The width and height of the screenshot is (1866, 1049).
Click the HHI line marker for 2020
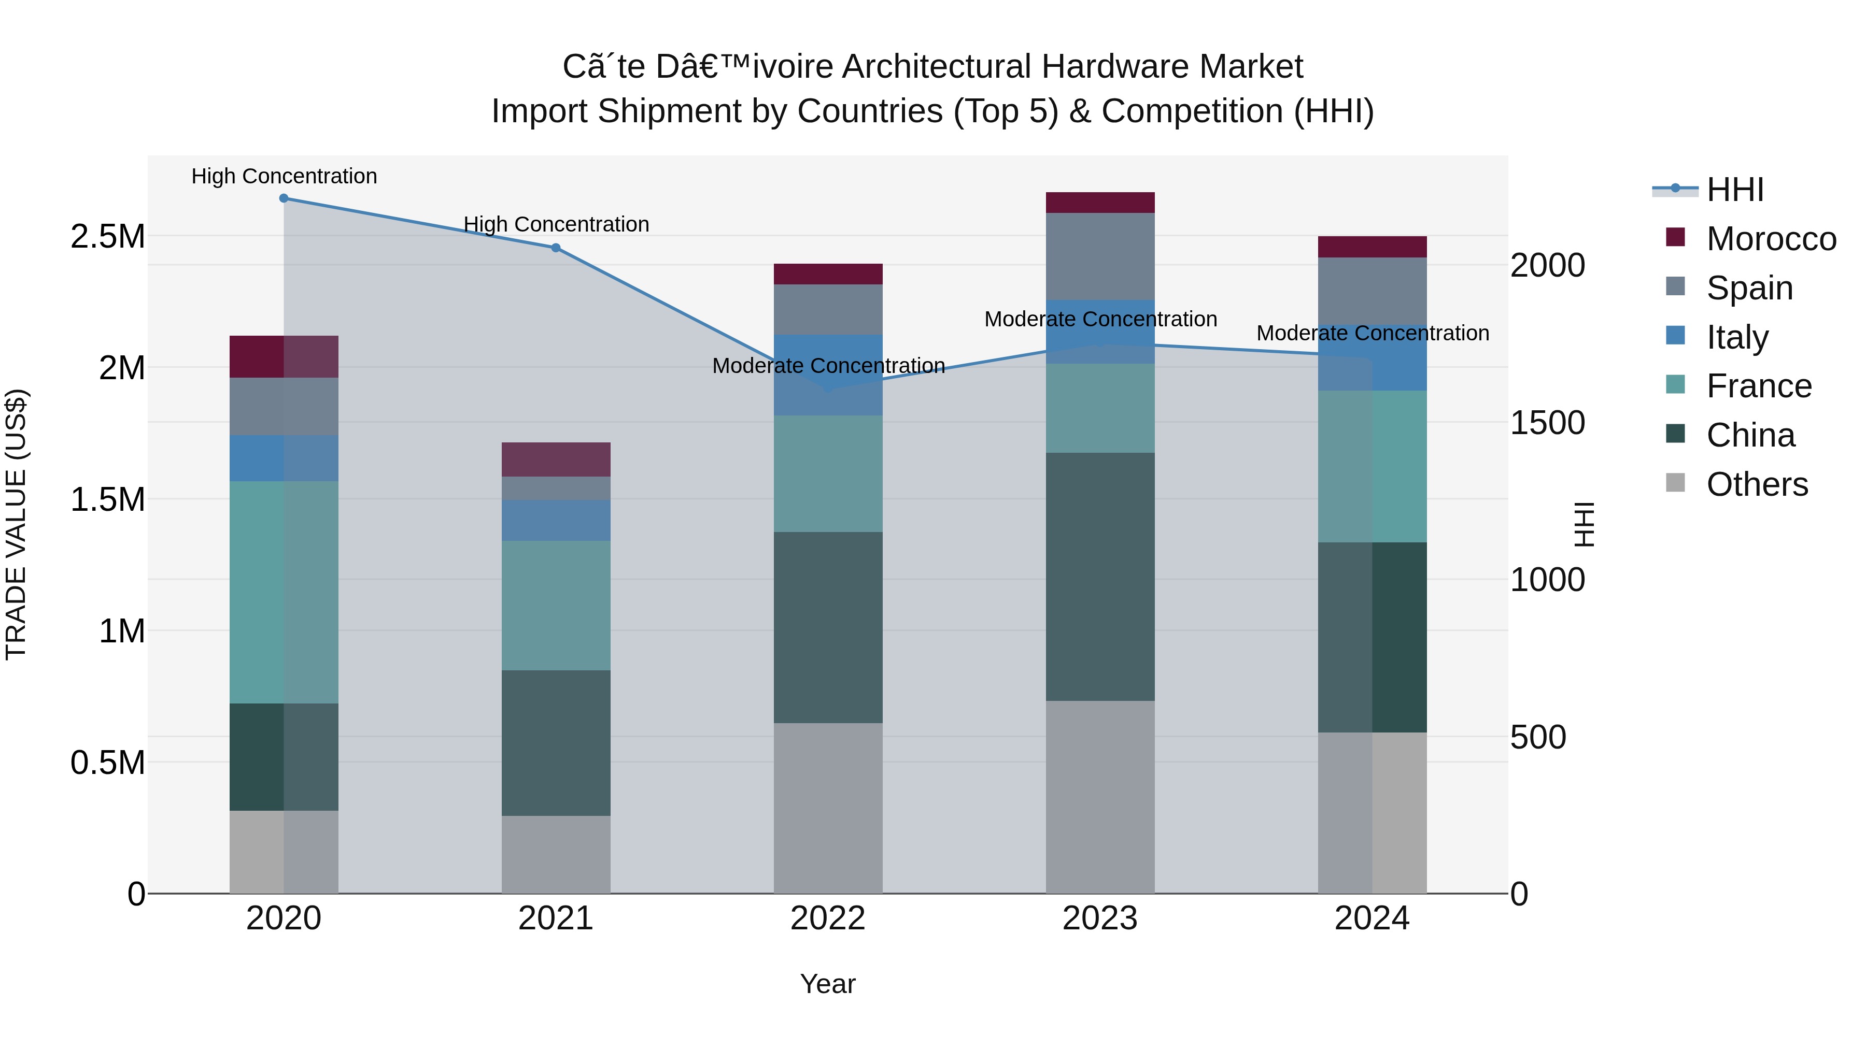(x=284, y=198)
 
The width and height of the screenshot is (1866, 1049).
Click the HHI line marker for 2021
(x=556, y=248)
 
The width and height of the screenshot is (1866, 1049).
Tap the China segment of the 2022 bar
(x=828, y=628)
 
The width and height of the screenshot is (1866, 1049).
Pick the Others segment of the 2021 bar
(x=556, y=854)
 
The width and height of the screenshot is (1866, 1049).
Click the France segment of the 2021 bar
(x=556, y=605)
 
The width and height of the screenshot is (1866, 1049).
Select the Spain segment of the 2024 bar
(x=1372, y=290)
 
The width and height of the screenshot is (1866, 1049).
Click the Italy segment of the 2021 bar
(x=556, y=521)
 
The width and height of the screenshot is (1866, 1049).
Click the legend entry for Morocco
(x=1771, y=239)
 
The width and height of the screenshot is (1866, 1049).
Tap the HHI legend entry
(x=1734, y=190)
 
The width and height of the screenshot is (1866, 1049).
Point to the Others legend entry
(x=1757, y=484)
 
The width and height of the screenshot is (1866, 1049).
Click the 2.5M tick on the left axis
(x=107, y=237)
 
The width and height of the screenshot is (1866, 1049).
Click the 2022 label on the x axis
(x=828, y=918)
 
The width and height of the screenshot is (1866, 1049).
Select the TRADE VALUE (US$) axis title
(x=16, y=524)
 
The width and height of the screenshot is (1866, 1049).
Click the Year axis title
(x=828, y=984)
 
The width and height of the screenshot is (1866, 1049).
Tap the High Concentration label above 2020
(x=284, y=176)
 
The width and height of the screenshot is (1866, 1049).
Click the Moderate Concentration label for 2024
(x=1372, y=333)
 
